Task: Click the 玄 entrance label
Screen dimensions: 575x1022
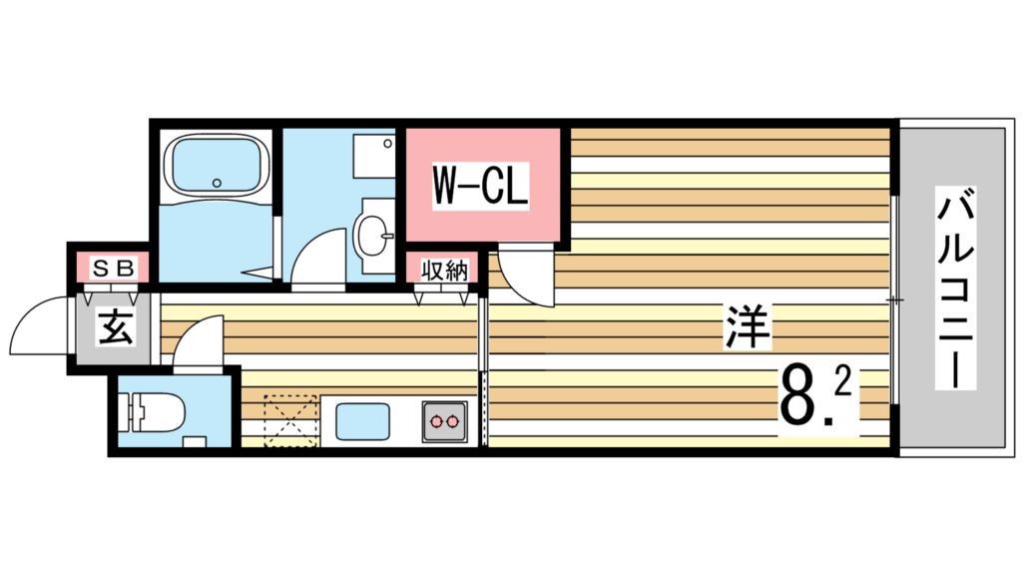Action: pyautogui.click(x=115, y=326)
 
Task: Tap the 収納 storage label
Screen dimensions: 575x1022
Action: pyautogui.click(x=443, y=270)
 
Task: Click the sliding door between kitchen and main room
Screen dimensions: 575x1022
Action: pyautogui.click(x=484, y=369)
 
